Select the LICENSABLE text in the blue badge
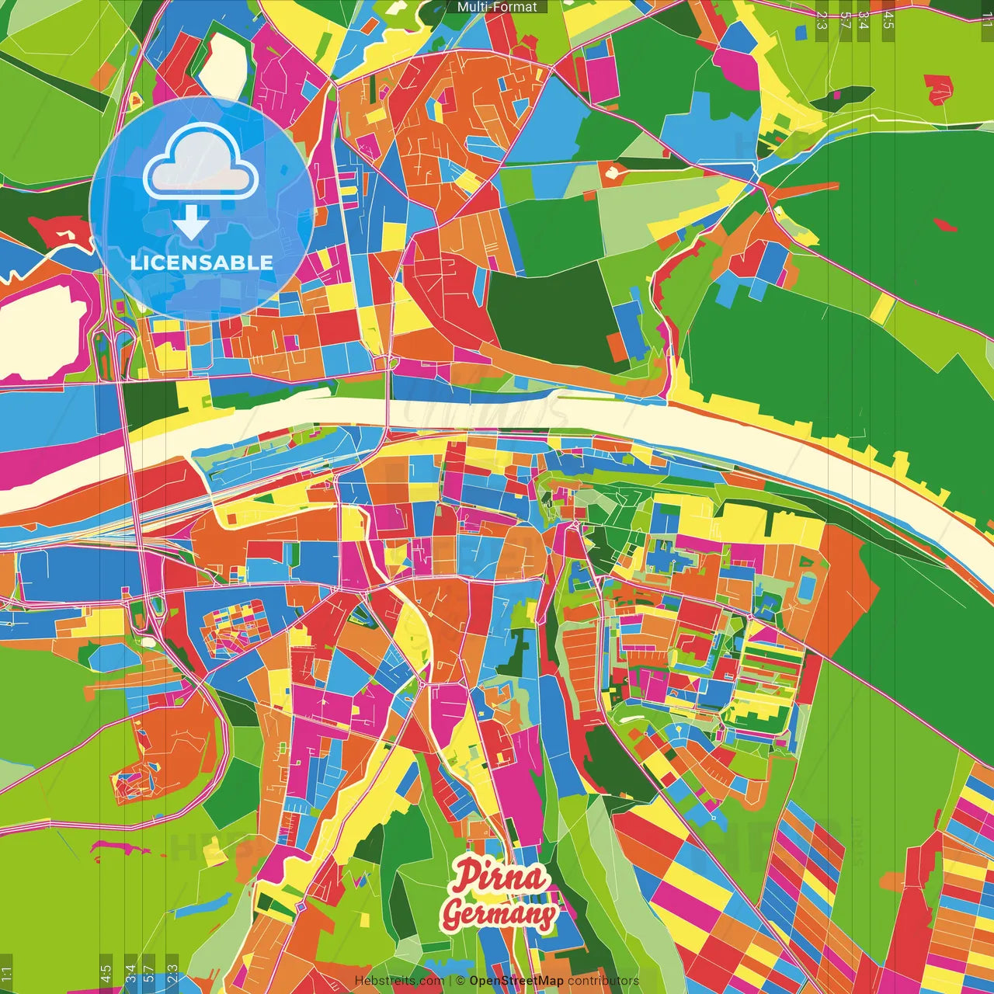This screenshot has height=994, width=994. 201,262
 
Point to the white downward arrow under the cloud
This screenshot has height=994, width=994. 190,224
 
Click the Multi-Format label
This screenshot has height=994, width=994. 497,7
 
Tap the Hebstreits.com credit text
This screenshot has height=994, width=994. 398,981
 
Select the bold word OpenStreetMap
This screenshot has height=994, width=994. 516,981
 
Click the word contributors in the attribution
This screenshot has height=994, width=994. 603,981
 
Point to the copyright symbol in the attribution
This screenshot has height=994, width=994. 460,981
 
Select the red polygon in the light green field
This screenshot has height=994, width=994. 938,88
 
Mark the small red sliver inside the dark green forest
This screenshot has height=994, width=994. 945,225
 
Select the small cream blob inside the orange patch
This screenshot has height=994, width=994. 613,170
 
